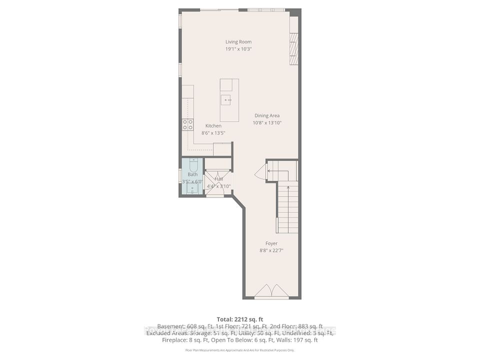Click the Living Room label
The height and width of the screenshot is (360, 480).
[238, 42]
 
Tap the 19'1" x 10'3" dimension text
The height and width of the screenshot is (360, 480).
[238, 49]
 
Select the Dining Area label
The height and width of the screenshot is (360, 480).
[267, 115]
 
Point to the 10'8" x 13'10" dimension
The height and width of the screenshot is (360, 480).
[267, 122]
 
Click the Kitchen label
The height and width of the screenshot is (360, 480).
[213, 126]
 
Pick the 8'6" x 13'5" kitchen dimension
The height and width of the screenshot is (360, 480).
[213, 133]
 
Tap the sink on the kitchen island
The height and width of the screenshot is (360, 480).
[227, 100]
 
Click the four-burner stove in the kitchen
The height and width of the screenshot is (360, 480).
[187, 124]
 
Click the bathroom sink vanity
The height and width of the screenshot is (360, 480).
[192, 189]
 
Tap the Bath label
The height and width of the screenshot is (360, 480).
[192, 174]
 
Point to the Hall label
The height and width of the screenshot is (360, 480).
[218, 179]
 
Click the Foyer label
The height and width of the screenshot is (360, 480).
[271, 243]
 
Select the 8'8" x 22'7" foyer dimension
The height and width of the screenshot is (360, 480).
[271, 250]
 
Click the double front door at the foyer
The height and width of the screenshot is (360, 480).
[271, 290]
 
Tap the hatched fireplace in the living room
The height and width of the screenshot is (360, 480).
[293, 49]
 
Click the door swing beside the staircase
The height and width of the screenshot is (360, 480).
[260, 173]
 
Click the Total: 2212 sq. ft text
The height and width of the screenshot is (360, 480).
[239, 319]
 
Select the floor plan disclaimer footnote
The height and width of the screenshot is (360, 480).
[239, 351]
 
